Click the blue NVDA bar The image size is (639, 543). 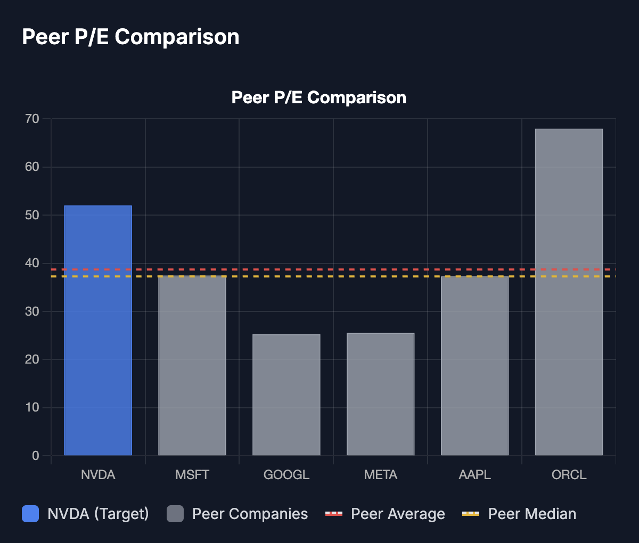(98, 330)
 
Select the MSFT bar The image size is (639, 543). (192, 365)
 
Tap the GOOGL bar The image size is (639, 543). (286, 395)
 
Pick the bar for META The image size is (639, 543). (381, 394)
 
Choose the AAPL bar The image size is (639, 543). (475, 365)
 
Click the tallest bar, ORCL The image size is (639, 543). (569, 292)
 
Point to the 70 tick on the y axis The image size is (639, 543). (32, 119)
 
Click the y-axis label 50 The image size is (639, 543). (32, 215)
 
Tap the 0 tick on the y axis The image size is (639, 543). (36, 456)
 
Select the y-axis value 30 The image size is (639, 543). (32, 311)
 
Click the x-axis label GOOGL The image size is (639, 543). (286, 475)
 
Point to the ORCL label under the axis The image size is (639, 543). (569, 475)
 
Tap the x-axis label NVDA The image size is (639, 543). (98, 475)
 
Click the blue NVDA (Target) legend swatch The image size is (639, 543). (30, 514)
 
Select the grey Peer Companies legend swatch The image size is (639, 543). (175, 514)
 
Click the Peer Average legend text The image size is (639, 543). (398, 514)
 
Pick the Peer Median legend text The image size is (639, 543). (532, 514)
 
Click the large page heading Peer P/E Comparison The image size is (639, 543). (130, 37)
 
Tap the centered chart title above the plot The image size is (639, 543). (319, 97)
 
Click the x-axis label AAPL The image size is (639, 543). (475, 475)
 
